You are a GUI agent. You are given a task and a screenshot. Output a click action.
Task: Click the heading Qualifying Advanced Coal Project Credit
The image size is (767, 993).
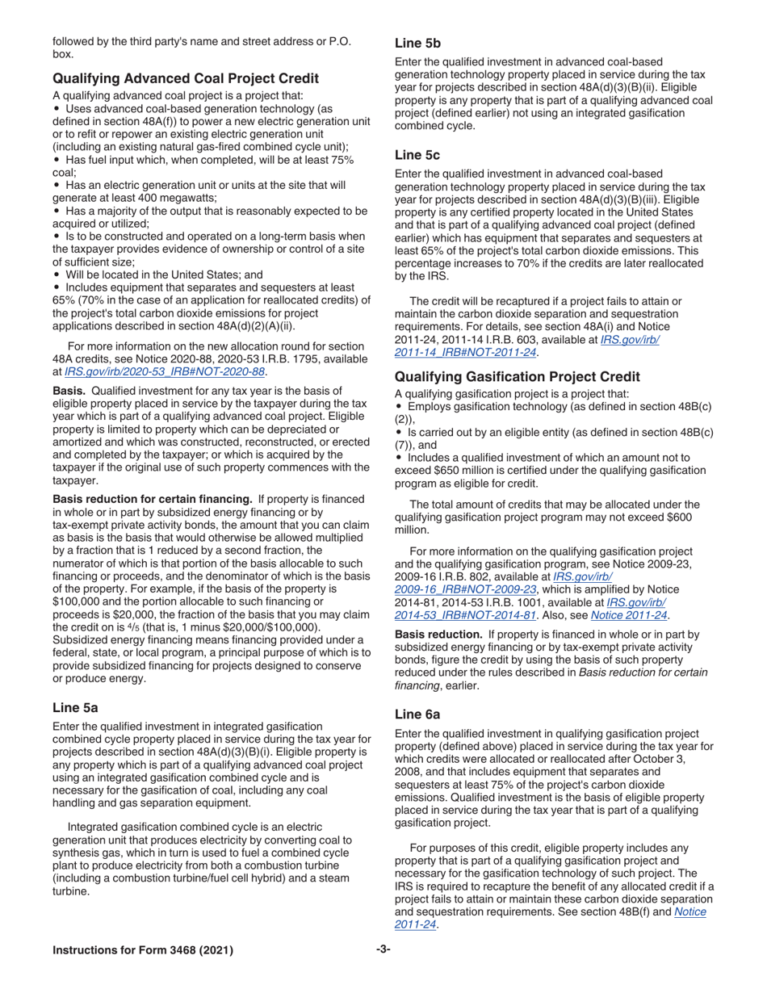186,78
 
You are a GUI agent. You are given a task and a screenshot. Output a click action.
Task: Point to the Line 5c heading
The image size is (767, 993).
417,153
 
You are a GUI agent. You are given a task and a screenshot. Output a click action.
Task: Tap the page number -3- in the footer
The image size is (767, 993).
383,950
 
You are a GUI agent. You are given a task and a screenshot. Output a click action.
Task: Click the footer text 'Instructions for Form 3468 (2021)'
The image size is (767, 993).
143,950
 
